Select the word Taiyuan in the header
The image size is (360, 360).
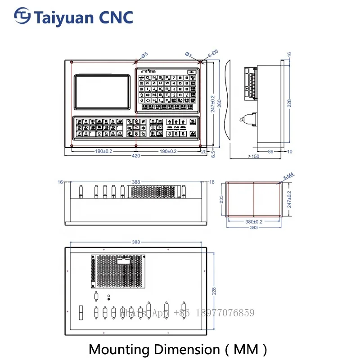click(x=63, y=17)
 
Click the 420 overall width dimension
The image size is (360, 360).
click(x=136, y=156)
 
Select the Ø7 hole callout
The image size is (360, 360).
click(x=188, y=54)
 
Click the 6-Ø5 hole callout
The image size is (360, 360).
click(x=213, y=53)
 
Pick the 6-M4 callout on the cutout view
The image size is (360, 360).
click(x=288, y=178)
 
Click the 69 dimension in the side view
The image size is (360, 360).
click(x=270, y=152)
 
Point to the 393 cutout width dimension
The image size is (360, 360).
click(x=254, y=226)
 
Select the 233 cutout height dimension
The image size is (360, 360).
click(x=221, y=199)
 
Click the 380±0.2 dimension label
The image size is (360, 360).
click(x=254, y=221)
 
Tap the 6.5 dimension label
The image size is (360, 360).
click(x=213, y=153)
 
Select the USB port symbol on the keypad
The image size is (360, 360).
click(x=193, y=72)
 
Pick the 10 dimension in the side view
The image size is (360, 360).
click(x=289, y=152)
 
